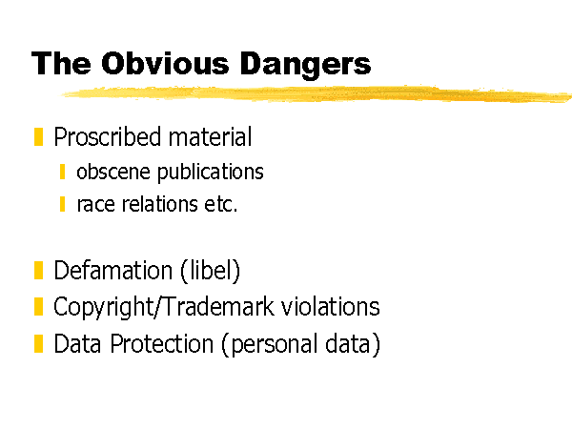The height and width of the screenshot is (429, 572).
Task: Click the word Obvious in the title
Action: click(165, 63)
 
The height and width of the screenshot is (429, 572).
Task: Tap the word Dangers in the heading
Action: click(305, 65)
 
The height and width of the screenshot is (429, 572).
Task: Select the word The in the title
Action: click(61, 63)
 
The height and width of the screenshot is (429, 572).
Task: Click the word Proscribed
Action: click(108, 136)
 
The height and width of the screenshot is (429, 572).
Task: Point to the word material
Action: click(210, 136)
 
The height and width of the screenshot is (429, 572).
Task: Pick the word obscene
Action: click(113, 172)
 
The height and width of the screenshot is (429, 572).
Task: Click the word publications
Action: click(211, 173)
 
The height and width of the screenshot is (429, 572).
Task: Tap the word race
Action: click(96, 205)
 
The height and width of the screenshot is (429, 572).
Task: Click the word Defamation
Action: click(113, 271)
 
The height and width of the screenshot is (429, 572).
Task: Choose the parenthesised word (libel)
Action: click(210, 271)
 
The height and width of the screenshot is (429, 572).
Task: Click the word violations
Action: click(331, 306)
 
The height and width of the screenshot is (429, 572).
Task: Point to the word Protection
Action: click(162, 343)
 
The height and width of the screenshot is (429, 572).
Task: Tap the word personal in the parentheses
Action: click(274, 345)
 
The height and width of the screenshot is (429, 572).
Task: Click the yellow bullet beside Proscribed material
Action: click(39, 136)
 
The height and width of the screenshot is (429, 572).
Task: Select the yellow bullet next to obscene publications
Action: click(62, 172)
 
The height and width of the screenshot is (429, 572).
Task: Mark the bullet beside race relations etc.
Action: click(62, 204)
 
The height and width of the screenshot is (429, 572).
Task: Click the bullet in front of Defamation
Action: click(39, 271)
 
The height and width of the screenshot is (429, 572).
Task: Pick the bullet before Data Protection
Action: click(39, 343)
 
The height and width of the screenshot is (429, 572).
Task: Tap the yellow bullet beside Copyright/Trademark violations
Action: click(39, 306)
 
